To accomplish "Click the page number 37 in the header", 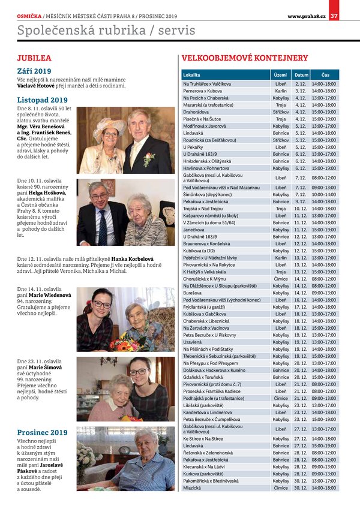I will pyautogui.click(x=334, y=16).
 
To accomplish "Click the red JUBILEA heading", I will pyautogui.click(x=34, y=58).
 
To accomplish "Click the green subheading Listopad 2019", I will pyautogui.click(x=42, y=100).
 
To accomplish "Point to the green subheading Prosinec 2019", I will pyautogui.click(x=42, y=432).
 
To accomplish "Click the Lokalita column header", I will pyautogui.click(x=191, y=75).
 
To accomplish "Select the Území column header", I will pyautogui.click(x=280, y=75).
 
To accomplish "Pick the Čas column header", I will pyautogui.click(x=325, y=75).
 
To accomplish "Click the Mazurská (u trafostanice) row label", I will pyautogui.click(x=208, y=105).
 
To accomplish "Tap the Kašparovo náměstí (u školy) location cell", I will pyautogui.click(x=210, y=215).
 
